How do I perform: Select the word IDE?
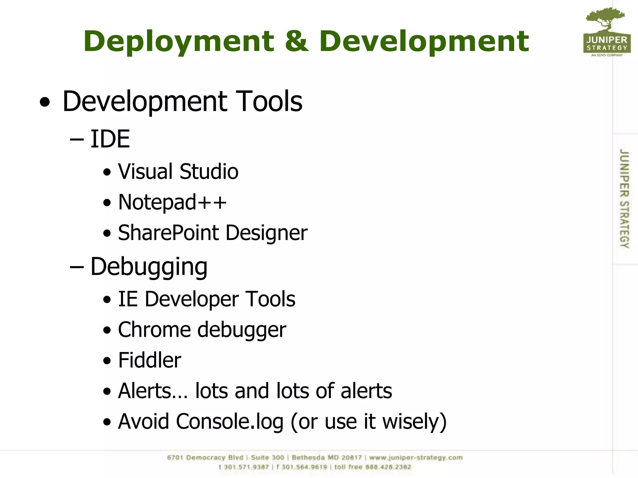click(x=110, y=139)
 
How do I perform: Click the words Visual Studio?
click(x=178, y=171)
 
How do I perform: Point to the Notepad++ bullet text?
click(x=172, y=202)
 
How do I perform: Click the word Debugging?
click(x=149, y=267)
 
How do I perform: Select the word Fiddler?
click(x=150, y=360)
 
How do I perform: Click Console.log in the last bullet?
click(x=230, y=422)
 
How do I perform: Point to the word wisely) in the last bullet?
click(x=414, y=422)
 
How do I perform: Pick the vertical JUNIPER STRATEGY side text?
click(x=624, y=199)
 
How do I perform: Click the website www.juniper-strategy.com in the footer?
click(x=416, y=457)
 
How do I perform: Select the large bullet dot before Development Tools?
click(x=45, y=102)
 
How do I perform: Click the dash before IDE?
click(x=77, y=140)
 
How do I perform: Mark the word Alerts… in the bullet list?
click(x=153, y=391)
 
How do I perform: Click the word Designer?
click(x=266, y=233)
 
